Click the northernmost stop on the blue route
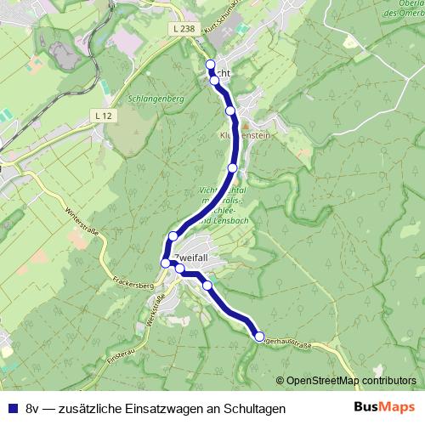click(211, 64)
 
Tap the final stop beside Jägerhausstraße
click(259, 337)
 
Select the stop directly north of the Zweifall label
click(173, 235)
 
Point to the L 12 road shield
click(104, 115)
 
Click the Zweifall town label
click(190, 256)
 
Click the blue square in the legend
click(12, 409)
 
